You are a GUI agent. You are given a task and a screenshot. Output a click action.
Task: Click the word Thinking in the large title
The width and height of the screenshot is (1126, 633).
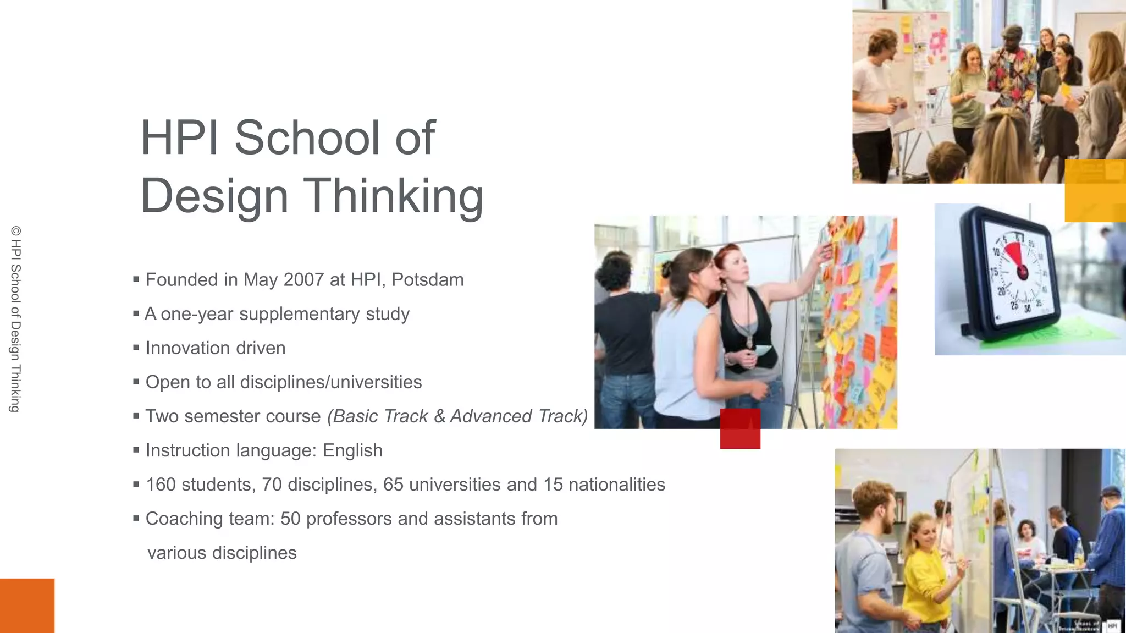click(x=394, y=196)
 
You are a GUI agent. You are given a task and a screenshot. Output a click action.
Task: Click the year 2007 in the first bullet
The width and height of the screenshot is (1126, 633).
click(x=303, y=280)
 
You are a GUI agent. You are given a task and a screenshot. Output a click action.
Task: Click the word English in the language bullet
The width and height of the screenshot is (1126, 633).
click(x=352, y=450)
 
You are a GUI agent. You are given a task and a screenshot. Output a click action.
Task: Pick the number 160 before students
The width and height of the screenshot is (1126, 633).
click(x=161, y=485)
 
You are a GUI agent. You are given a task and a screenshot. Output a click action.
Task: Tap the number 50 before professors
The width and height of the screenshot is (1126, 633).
click(x=290, y=519)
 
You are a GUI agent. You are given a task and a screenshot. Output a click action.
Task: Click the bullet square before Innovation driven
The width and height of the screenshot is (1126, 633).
click(x=136, y=348)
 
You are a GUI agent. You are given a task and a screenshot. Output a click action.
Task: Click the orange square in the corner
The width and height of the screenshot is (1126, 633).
click(x=27, y=606)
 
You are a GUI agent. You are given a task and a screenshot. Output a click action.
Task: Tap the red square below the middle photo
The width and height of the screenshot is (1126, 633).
click(x=740, y=429)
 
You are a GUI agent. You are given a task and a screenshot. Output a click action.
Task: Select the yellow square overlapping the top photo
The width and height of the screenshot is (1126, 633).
click(x=1095, y=191)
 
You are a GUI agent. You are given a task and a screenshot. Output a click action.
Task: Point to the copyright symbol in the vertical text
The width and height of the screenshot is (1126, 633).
click(x=15, y=231)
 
